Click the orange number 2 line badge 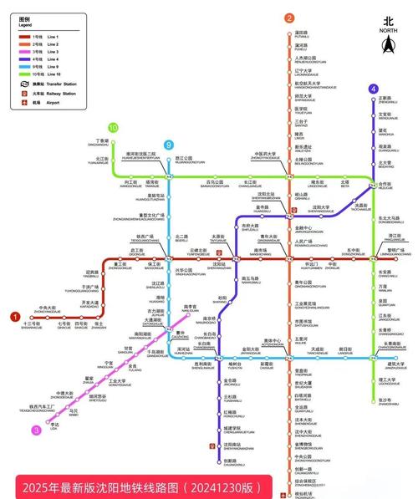coord(288,18)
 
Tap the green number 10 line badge coord(113,128)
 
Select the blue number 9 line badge coord(169,144)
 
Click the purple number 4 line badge coord(372,89)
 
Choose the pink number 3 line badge coord(36,430)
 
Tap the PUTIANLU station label coord(302,35)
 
